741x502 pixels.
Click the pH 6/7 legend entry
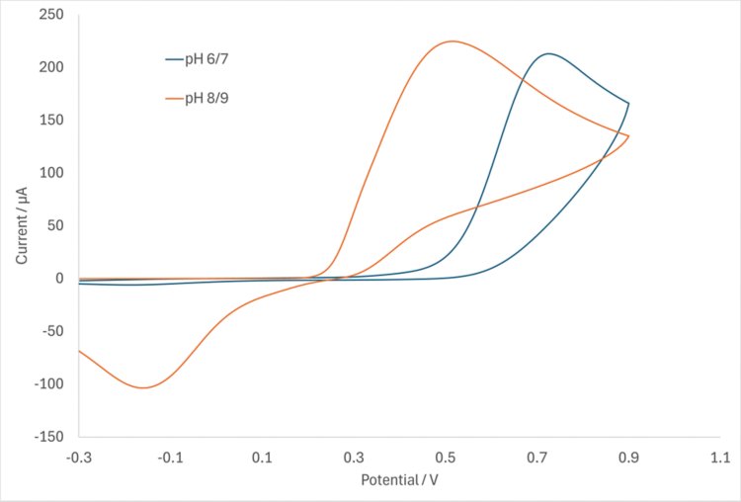pos(206,59)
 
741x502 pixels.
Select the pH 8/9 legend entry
pos(206,98)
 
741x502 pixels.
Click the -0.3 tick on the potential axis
pos(79,458)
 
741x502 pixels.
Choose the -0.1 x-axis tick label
pos(171,458)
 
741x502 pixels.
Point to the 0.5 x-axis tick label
pos(446,458)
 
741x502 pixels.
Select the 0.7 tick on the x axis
pos(537,458)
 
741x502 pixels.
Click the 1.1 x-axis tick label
pos(720,458)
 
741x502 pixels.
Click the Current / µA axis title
pos(21,224)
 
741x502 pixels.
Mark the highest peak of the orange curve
pos(452,42)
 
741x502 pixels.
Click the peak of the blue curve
pos(548,53)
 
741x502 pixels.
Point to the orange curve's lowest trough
pos(143,387)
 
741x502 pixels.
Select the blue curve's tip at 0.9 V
pos(628,103)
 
